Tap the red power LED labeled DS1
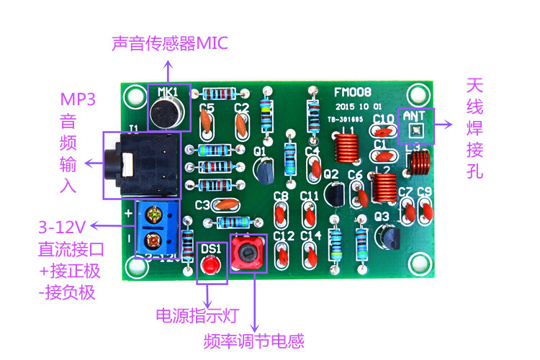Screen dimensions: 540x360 click(210, 266)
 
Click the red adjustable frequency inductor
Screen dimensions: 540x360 click(248, 253)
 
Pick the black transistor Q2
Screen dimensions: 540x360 click(333, 193)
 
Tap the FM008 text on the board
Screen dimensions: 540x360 click(353, 93)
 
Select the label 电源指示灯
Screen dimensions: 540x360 click(197, 316)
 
